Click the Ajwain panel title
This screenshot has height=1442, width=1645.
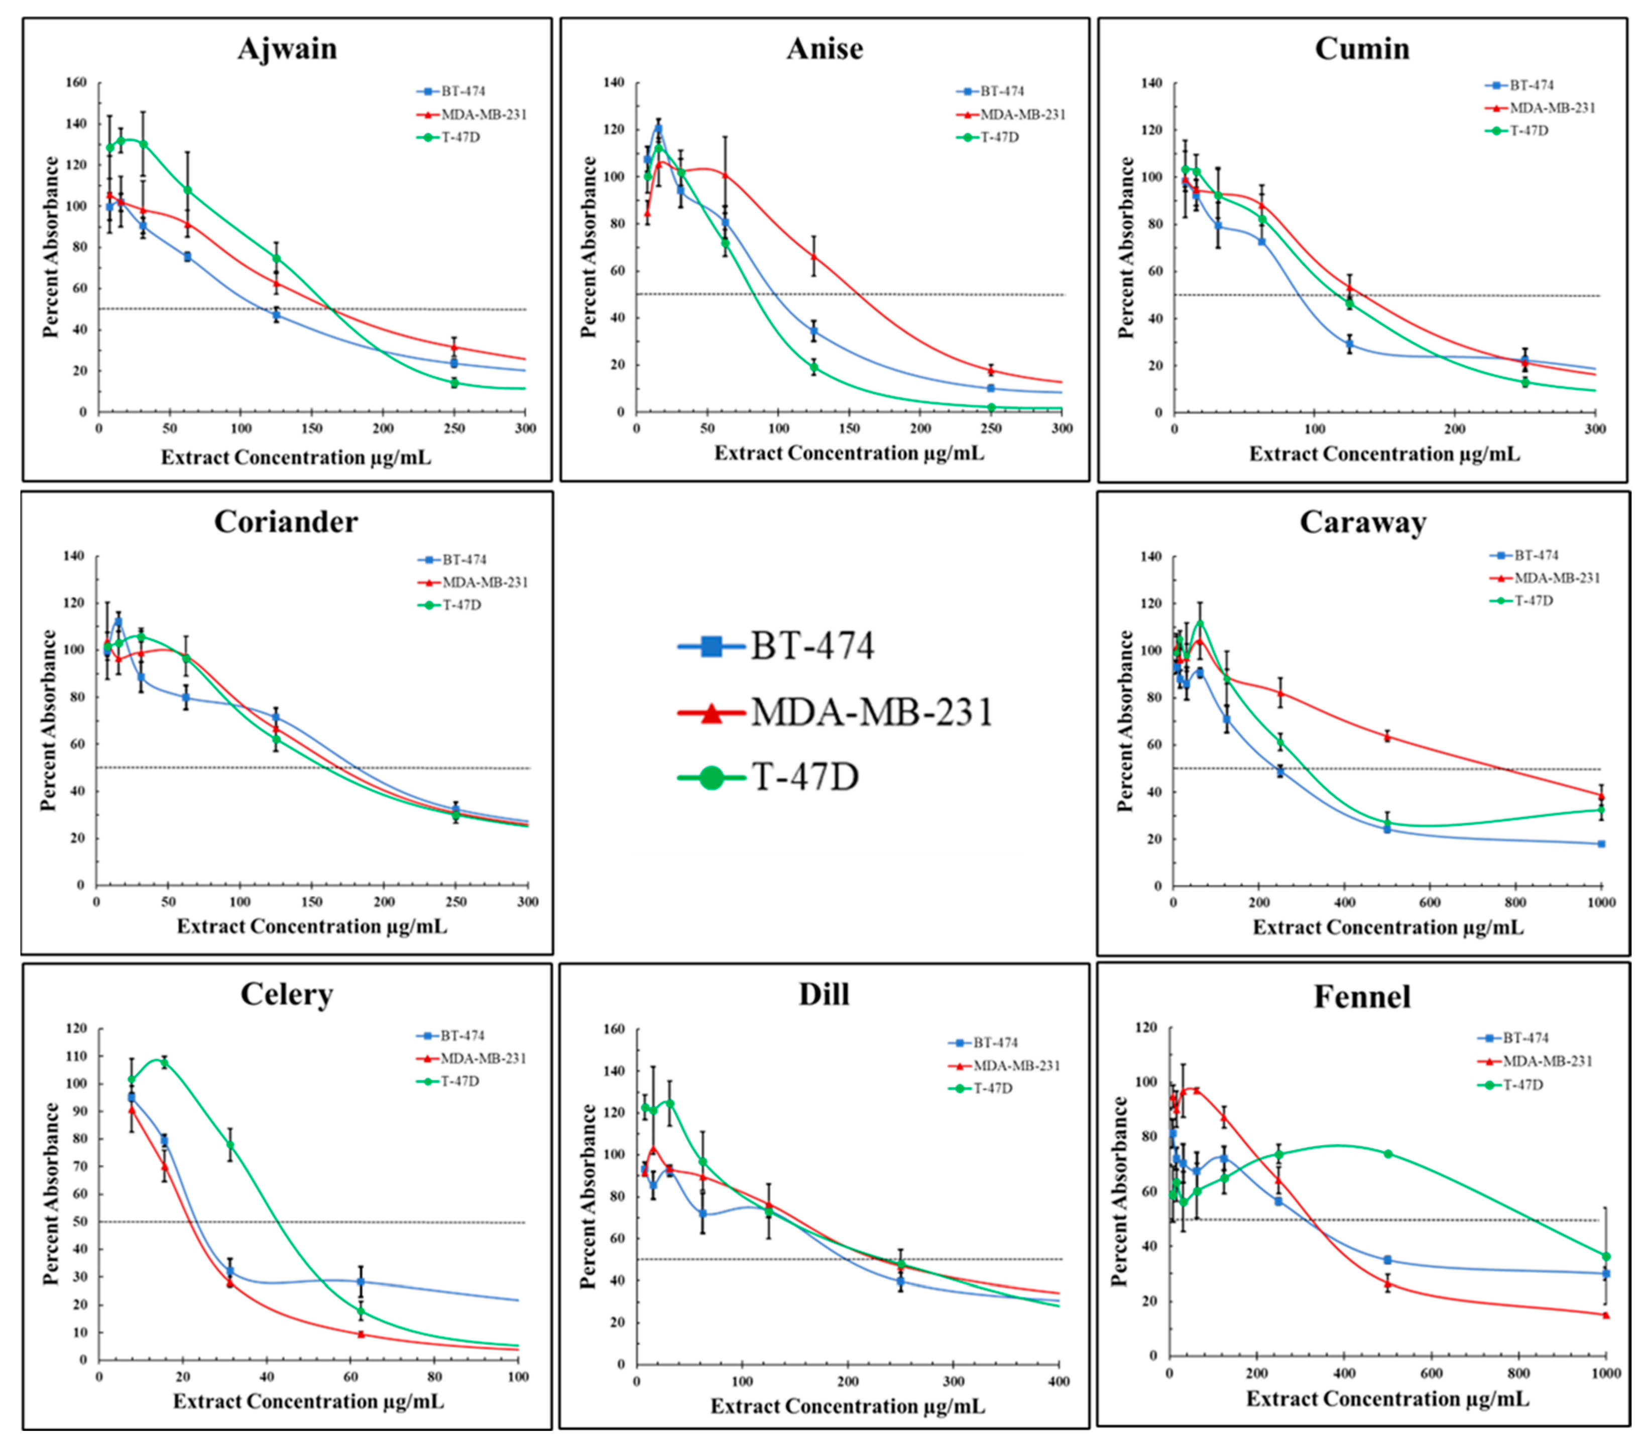(x=287, y=49)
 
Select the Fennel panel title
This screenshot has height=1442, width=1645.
(x=1362, y=997)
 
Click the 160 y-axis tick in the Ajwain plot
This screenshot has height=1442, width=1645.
(x=76, y=83)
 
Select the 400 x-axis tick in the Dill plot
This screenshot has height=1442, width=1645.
(x=1059, y=1382)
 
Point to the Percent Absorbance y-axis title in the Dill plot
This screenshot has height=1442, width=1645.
(x=589, y=1196)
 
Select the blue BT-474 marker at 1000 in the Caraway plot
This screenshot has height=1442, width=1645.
(x=1601, y=844)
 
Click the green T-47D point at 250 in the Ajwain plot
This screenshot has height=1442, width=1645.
(x=455, y=383)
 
